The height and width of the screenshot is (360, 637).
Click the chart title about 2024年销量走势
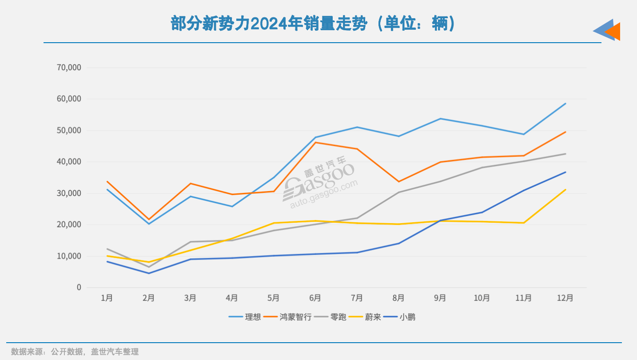pos(313,24)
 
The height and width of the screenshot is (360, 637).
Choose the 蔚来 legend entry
pos(373,317)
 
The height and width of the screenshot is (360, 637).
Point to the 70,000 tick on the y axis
pos(69,68)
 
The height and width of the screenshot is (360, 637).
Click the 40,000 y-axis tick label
pos(69,162)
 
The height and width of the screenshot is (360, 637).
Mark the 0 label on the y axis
pos(79,288)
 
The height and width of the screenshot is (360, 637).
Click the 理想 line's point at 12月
pos(565,104)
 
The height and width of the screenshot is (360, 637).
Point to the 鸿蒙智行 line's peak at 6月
pos(315,142)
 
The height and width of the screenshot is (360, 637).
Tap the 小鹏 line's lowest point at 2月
pos(148,273)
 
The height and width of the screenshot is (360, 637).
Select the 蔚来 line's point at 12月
pos(565,190)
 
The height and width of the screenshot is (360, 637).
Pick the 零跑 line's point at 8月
pos(399,192)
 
